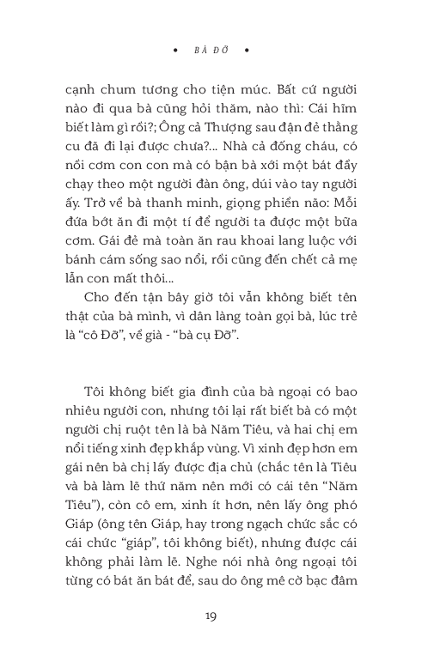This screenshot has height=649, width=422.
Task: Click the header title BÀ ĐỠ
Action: point(211,49)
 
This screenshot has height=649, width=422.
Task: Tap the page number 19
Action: point(211,616)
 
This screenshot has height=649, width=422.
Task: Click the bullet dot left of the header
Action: point(176,49)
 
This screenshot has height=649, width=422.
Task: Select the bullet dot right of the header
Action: point(247,49)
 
